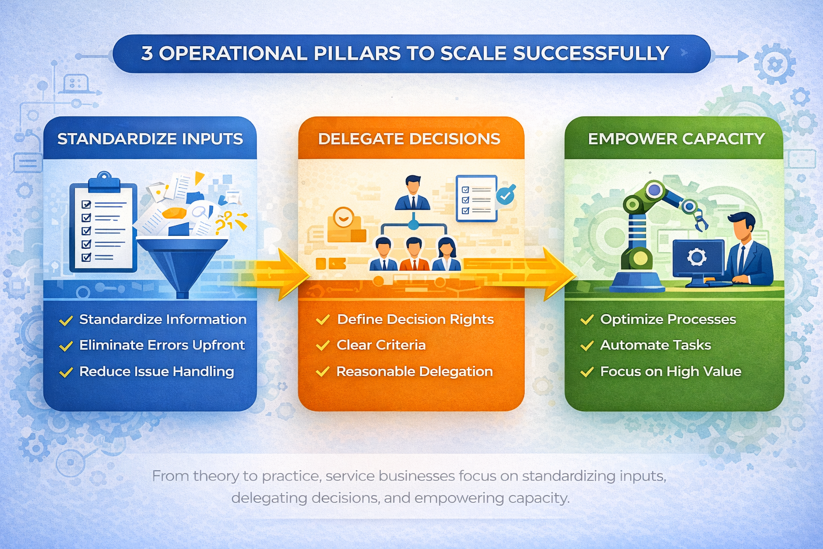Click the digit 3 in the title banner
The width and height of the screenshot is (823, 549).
pyautogui.click(x=147, y=53)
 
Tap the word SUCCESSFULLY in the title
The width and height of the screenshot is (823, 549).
pyautogui.click(x=590, y=53)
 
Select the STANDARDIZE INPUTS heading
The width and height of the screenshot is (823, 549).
pyautogui.click(x=150, y=139)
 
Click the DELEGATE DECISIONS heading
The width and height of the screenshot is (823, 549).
pyautogui.click(x=409, y=139)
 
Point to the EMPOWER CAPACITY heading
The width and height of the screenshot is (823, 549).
pyautogui.click(x=676, y=139)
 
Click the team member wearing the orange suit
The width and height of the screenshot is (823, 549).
pyautogui.click(x=414, y=255)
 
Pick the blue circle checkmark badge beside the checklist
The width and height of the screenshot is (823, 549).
pyautogui.click(x=506, y=195)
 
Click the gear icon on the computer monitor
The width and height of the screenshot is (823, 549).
pyautogui.click(x=697, y=257)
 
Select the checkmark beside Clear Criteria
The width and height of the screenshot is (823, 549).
pyautogui.click(x=323, y=346)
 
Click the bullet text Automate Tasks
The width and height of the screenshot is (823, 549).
pyautogui.click(x=655, y=345)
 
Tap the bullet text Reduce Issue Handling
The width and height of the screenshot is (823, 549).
pyautogui.click(x=156, y=372)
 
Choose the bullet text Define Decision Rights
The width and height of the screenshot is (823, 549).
pyautogui.click(x=415, y=320)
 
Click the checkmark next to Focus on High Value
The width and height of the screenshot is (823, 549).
pyautogui.click(x=587, y=372)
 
